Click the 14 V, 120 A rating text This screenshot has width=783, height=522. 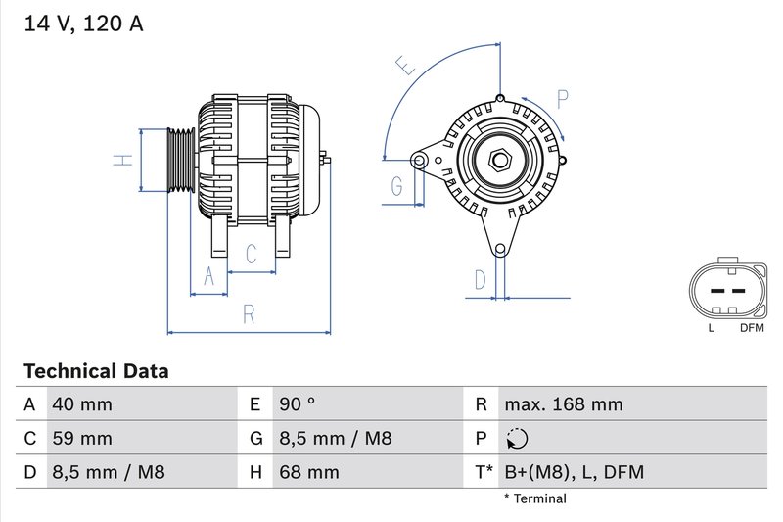82,24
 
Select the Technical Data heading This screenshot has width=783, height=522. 96,371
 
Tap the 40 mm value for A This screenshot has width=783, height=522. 82,404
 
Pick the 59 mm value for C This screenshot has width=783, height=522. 82,438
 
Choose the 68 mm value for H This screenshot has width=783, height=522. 308,472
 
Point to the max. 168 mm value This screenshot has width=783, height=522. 563,404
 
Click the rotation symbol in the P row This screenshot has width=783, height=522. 518,439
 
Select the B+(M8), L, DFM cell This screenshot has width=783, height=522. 574,472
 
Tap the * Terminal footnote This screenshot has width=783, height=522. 534,498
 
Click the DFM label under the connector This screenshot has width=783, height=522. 751,328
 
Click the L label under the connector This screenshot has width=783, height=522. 711,328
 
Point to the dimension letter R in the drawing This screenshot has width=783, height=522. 250,314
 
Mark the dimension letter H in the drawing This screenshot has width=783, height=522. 122,160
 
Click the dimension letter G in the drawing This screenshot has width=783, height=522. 397,186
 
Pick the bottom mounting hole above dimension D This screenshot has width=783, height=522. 501,250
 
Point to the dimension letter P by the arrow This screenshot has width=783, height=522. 562,98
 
